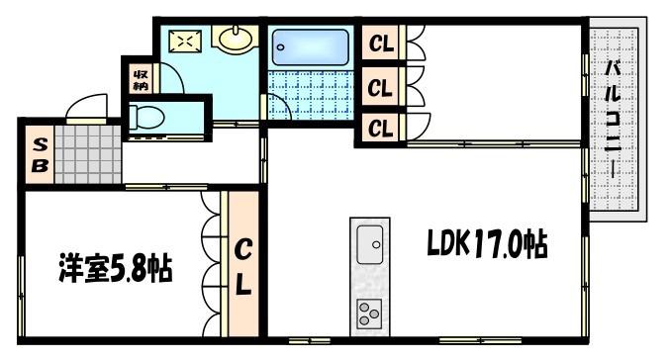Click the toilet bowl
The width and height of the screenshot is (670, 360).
146,117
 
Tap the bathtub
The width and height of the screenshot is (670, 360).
310,46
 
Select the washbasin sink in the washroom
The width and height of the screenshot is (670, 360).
236,38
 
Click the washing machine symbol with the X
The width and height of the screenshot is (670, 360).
185,41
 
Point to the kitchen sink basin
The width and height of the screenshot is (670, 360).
369,244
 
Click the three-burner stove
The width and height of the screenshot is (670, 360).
369,314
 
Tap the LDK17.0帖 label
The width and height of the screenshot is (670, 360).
487,244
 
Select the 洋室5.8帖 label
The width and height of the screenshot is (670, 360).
116,268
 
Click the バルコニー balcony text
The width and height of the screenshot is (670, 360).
614,120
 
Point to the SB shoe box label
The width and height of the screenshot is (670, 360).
40,155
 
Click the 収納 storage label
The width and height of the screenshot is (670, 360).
141,80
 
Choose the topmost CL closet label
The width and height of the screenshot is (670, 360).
381,44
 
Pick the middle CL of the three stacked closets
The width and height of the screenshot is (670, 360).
380,88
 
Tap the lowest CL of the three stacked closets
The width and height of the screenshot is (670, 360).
380,128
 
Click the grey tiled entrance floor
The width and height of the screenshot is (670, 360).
88,154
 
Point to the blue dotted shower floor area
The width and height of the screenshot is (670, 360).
311,95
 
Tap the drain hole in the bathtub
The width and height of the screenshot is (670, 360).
280,46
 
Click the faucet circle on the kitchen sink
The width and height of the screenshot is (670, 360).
376,244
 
